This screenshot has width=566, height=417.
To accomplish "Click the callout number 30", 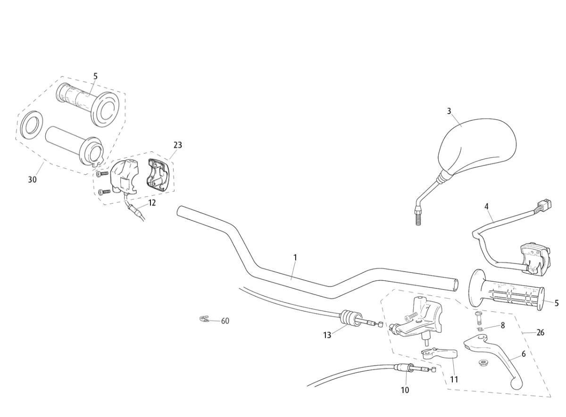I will [32, 179].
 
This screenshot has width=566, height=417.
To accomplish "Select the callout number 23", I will [177, 145].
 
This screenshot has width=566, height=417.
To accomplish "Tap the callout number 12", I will [152, 203].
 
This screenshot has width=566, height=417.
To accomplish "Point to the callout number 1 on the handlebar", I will [295, 257].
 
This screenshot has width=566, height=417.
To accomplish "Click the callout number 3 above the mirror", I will [449, 111].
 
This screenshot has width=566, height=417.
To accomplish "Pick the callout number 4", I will [487, 206].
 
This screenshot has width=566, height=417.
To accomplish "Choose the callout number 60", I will [225, 321].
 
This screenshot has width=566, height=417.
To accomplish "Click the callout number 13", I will [327, 335].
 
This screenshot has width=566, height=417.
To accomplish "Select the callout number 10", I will [405, 390].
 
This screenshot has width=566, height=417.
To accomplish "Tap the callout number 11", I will [454, 379].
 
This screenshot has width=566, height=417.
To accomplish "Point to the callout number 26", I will [541, 332].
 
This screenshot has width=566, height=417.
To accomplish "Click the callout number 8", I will [503, 325].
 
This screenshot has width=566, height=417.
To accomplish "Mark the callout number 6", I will [524, 353].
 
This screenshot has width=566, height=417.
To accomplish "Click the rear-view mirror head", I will [476, 146].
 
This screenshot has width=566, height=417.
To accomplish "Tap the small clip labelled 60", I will [204, 319].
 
